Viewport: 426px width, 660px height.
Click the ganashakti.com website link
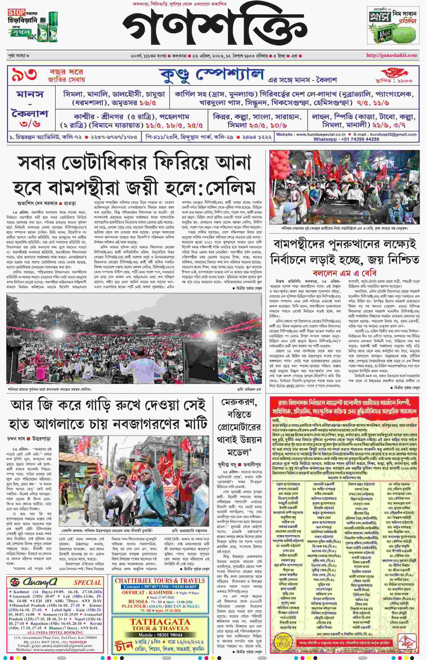click(392, 55)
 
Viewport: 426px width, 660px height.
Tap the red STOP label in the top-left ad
click(16, 12)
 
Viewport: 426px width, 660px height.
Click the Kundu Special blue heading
click(212, 75)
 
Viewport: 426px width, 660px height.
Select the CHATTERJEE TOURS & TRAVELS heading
click(160, 581)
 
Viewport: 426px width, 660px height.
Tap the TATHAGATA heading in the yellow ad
click(160, 622)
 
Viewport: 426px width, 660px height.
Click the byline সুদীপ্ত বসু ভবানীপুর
click(239, 465)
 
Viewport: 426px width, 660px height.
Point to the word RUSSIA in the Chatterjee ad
click(138, 601)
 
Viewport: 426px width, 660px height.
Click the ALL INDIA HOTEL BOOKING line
click(55, 633)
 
